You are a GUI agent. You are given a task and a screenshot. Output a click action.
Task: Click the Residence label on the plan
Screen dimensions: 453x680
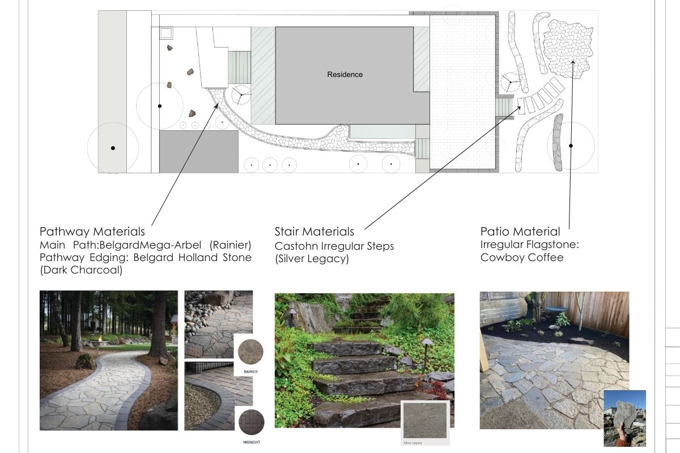(345, 75)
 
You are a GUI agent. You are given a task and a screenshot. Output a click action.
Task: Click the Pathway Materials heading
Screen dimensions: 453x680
(92, 232)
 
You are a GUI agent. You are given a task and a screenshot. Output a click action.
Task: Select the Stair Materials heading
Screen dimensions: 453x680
(314, 232)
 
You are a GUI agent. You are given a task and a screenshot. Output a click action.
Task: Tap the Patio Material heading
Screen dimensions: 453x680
(520, 232)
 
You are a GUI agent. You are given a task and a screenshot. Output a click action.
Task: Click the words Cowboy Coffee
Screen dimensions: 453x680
(521, 258)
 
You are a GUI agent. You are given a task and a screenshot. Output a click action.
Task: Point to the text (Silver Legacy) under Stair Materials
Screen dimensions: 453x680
(312, 259)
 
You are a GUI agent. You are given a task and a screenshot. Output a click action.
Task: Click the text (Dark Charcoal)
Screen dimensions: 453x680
(81, 270)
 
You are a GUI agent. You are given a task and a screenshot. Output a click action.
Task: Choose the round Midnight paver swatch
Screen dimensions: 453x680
(251, 422)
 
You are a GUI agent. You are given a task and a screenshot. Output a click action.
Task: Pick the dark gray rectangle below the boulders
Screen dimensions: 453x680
(198, 152)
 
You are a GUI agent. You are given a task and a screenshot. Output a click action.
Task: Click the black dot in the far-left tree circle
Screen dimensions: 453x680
(113, 148)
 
